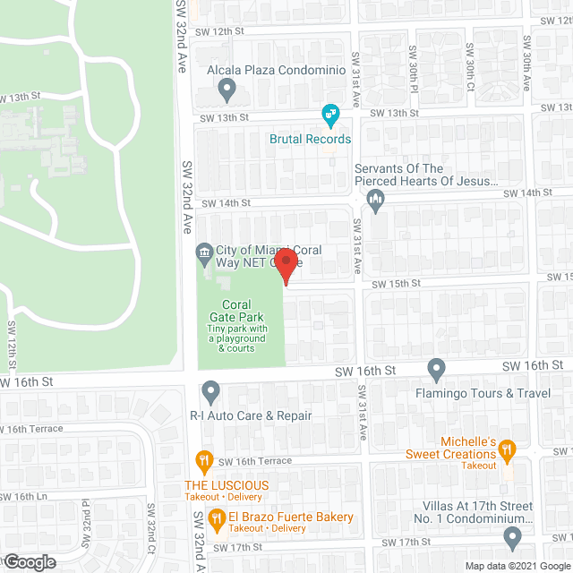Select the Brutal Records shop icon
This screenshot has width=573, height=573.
pyautogui.click(x=330, y=114)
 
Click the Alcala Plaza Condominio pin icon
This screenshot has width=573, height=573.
pyautogui.click(x=227, y=89)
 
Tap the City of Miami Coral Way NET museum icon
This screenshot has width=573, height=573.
pyautogui.click(x=204, y=252)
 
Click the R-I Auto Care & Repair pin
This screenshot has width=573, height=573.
pyautogui.click(x=210, y=390)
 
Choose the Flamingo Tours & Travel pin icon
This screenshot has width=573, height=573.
pyautogui.click(x=436, y=368)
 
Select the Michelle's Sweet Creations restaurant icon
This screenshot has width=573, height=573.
pyautogui.click(x=508, y=449)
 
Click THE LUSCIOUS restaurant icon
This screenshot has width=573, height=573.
pyautogui.click(x=203, y=462)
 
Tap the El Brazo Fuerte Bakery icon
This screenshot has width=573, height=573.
pyautogui.click(x=216, y=517)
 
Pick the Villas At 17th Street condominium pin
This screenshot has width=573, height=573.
pyautogui.click(x=512, y=537)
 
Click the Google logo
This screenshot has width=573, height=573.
pyautogui.click(x=29, y=561)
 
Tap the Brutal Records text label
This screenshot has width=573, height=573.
pyautogui.click(x=311, y=139)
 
